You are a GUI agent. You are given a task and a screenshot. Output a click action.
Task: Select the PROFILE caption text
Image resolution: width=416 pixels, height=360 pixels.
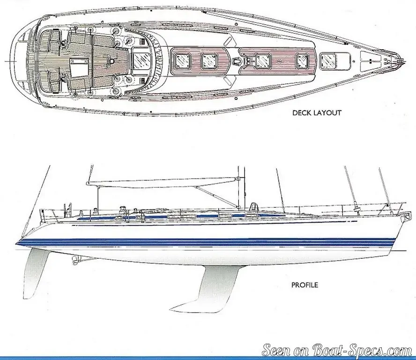click(x=305, y=285)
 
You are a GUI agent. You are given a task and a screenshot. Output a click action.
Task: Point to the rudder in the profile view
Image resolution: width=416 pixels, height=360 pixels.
click(x=33, y=273)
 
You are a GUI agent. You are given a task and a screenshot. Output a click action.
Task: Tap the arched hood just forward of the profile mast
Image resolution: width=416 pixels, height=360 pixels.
click(x=254, y=206)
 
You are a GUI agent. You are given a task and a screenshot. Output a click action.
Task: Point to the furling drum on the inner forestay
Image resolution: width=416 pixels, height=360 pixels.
click(x=357, y=206)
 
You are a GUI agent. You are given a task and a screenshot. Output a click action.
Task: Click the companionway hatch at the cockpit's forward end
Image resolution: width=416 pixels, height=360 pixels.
click(x=140, y=61)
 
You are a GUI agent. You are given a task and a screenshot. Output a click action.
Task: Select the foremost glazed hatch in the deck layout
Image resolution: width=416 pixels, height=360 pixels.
click(x=328, y=61)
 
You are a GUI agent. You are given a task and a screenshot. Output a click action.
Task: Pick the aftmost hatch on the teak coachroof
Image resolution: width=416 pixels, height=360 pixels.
click(x=182, y=61)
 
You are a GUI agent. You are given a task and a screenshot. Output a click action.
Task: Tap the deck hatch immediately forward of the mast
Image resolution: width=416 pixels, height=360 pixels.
click(x=263, y=61)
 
